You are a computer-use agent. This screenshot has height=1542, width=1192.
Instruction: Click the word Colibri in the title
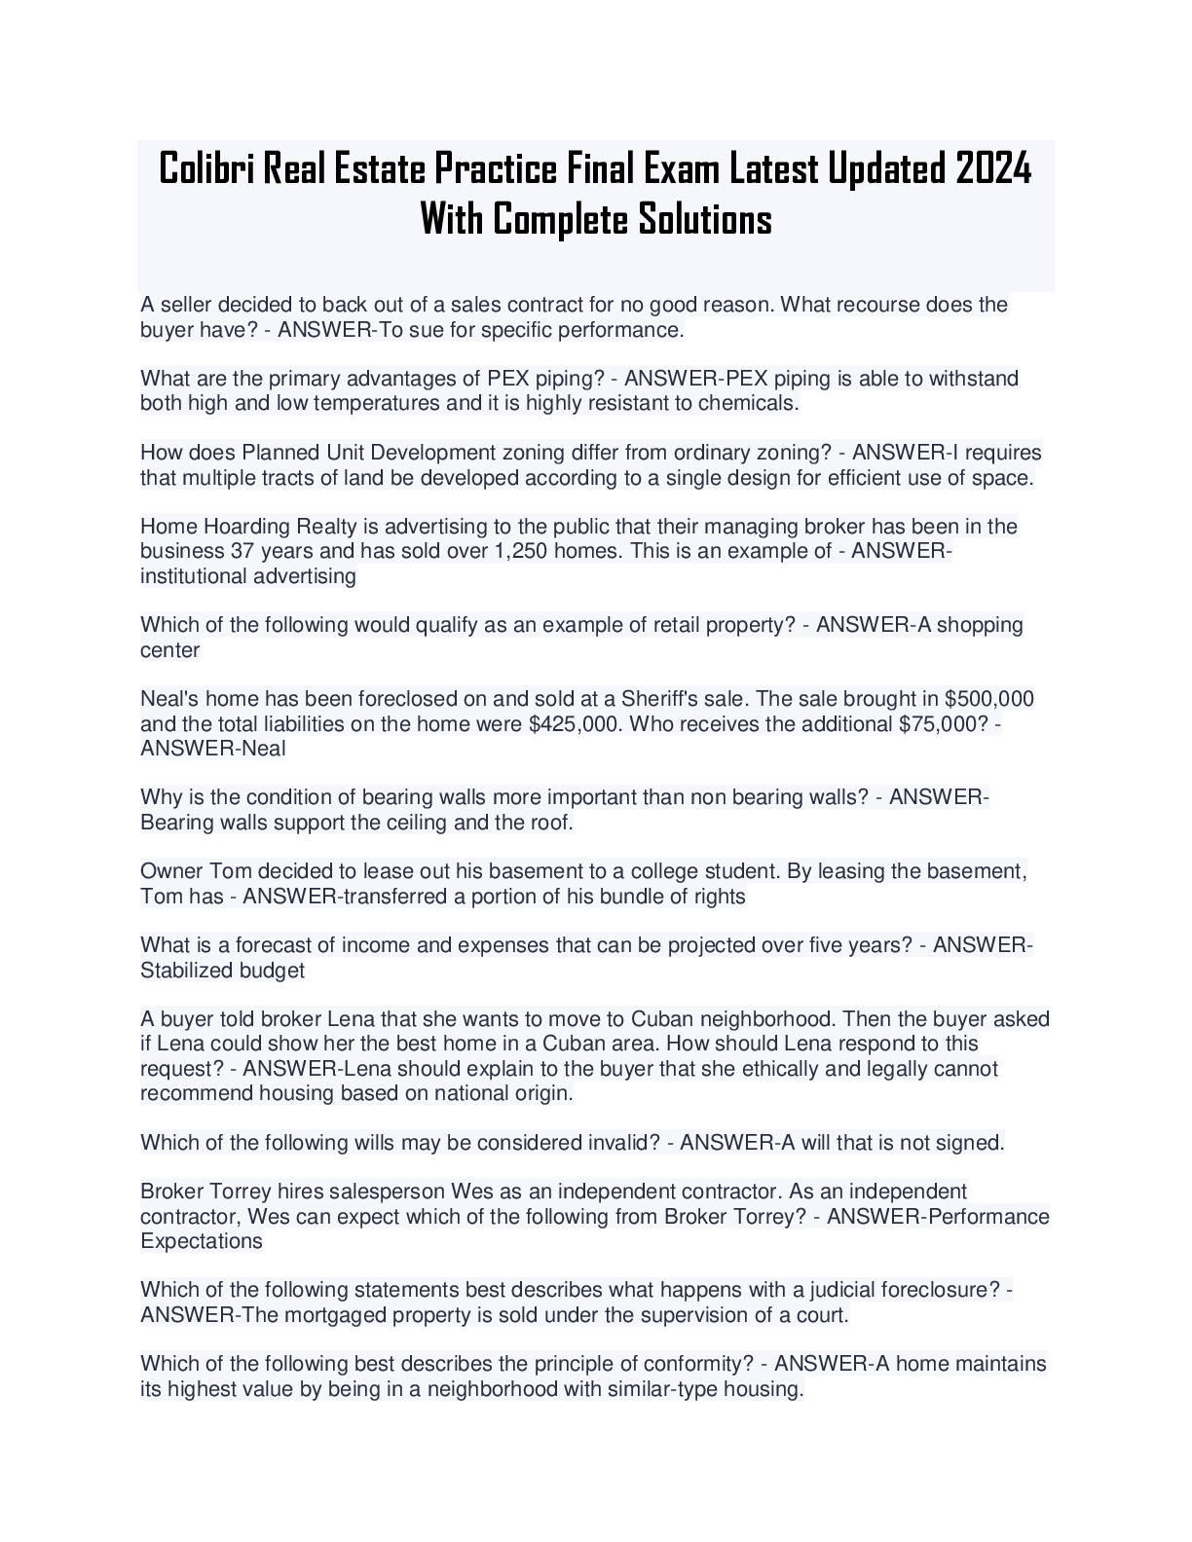(205, 168)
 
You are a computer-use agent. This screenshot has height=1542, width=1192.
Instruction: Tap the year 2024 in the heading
(992, 168)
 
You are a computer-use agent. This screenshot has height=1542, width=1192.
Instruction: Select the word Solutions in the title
(704, 219)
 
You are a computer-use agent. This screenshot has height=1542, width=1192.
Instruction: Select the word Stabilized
(184, 971)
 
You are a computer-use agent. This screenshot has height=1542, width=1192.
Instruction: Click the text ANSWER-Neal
(213, 749)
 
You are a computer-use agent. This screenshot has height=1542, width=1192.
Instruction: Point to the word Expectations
(202, 1241)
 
